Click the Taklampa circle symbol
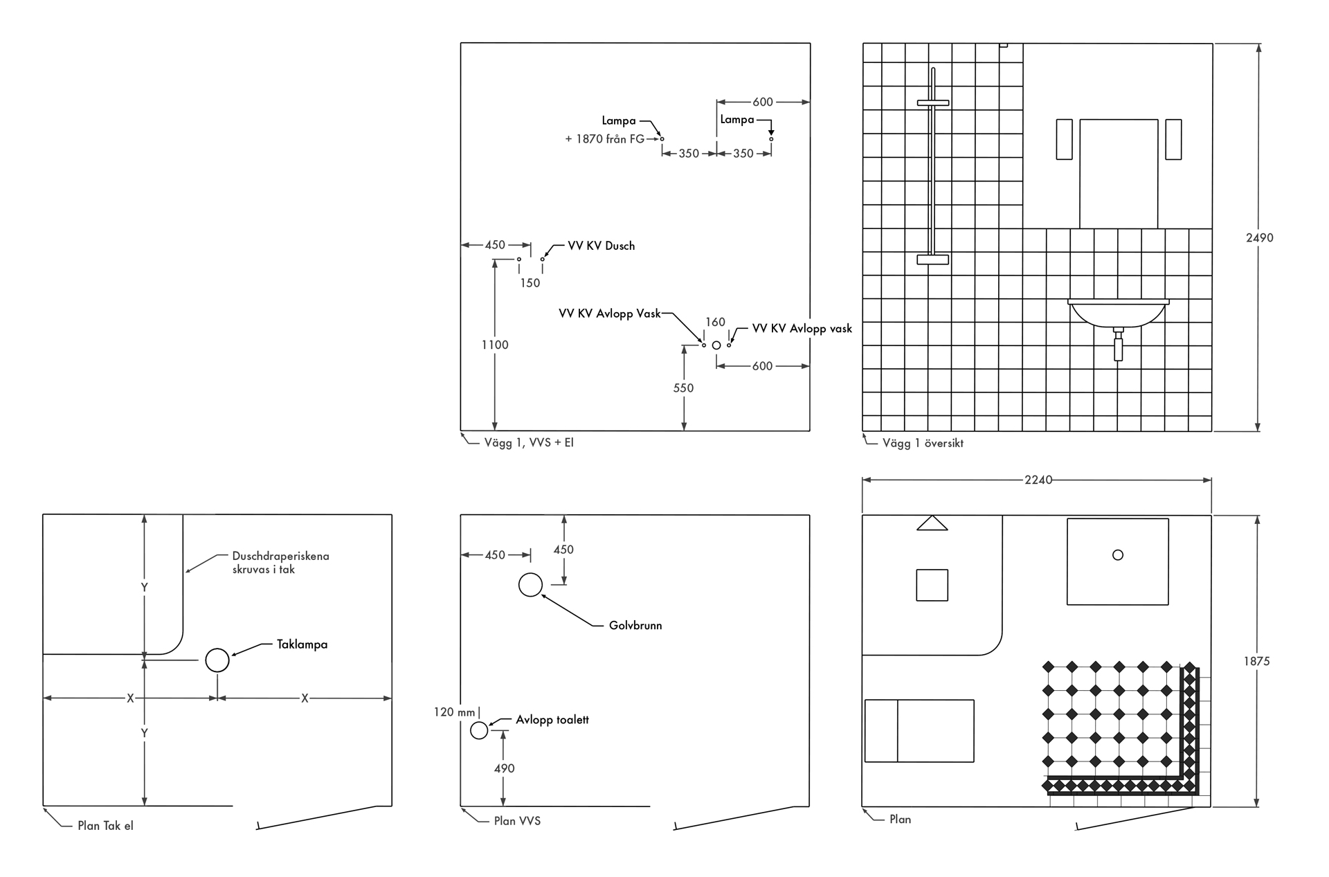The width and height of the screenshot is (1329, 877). point(217,660)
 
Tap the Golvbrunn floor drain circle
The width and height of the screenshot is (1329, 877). point(530,585)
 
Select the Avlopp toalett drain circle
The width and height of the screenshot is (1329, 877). point(479,730)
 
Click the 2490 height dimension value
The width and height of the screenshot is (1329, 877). point(1259,237)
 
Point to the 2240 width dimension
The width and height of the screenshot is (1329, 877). point(1038,480)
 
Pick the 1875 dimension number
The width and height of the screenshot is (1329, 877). point(1256,661)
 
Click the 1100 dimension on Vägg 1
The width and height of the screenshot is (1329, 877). point(495,345)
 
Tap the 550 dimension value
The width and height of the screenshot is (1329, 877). point(683,388)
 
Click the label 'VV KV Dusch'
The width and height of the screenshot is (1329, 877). point(601,246)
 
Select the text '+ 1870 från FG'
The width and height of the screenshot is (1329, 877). point(604,139)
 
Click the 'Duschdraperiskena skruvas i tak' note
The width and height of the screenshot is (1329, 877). point(280,563)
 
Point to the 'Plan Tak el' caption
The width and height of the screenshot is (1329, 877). point(105,826)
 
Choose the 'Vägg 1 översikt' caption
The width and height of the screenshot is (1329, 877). point(923,443)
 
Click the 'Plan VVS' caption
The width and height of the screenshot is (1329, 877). point(517,821)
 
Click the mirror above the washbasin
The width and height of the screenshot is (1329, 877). point(1119,173)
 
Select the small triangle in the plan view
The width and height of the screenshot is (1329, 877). point(932,523)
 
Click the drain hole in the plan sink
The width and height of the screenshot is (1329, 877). point(1117,555)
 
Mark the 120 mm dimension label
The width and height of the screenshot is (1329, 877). point(455,712)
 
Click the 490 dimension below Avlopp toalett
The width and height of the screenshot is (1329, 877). point(504,768)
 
